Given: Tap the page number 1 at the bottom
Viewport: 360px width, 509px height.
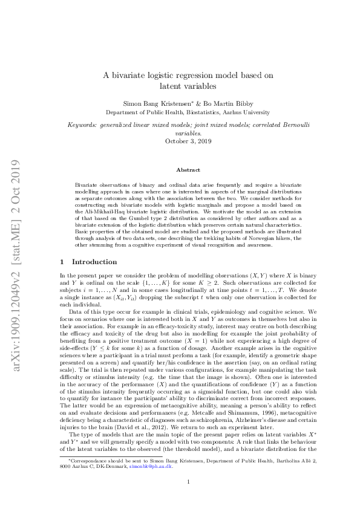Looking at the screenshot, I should [x=188, y=482].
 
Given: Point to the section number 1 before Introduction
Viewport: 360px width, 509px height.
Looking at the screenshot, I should [x=64, y=262].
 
